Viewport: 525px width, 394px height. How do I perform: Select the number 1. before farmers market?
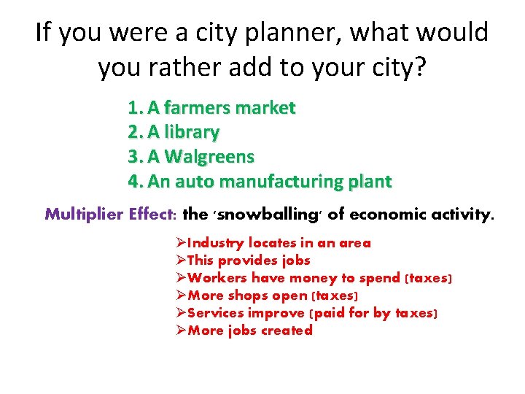[x=135, y=109]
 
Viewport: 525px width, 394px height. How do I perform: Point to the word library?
[x=192, y=133]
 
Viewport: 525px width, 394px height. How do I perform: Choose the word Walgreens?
[x=210, y=157]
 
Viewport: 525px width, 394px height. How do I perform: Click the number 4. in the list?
[x=136, y=181]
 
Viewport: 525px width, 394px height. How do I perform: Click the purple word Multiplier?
[x=84, y=215]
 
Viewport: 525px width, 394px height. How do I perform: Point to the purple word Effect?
[x=152, y=215]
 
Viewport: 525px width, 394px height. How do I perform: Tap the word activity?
[x=460, y=215]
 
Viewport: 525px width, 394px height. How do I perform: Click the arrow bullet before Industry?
[x=182, y=243]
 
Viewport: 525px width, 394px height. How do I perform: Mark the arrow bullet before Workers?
[x=182, y=278]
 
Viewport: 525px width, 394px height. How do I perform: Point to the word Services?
[x=216, y=313]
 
